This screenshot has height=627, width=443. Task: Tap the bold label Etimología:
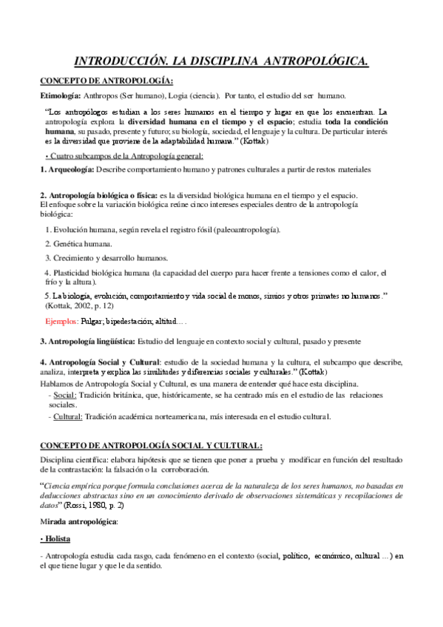(63, 96)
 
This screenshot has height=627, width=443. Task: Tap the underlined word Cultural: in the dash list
(68, 416)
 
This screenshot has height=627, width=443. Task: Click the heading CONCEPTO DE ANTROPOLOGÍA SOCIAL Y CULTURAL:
(151, 446)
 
